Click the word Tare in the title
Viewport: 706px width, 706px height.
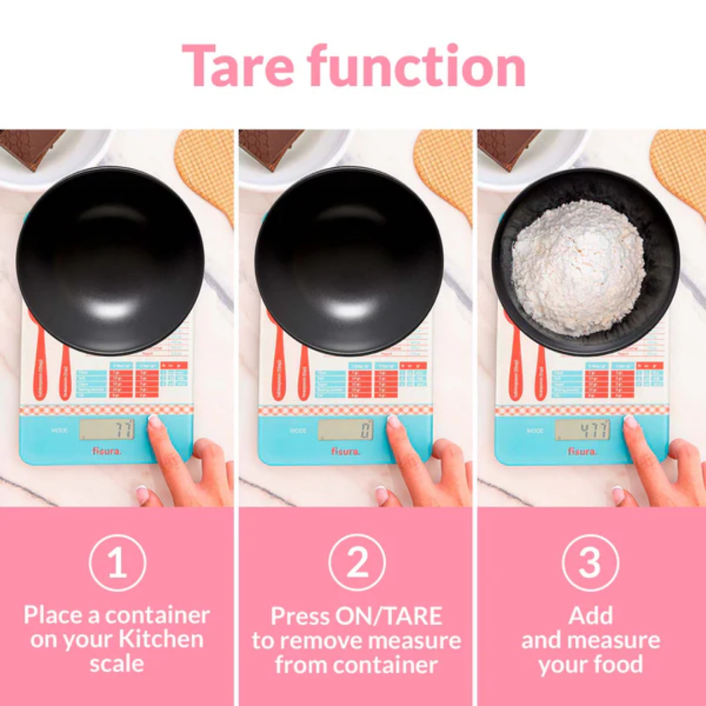coord(237,67)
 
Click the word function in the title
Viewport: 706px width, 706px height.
coord(416,67)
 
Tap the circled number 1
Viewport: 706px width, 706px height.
coord(118,562)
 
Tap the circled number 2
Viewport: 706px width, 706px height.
coord(357,562)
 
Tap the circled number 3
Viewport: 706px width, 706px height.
coord(590,562)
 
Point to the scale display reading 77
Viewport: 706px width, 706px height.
coord(107,429)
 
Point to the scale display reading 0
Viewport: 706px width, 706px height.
coord(346,429)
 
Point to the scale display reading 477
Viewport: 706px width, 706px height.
coord(582,429)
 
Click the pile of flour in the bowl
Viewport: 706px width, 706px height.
coord(578,268)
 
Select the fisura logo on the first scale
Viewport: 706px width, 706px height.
coord(106,451)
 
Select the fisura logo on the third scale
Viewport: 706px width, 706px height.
coord(582,451)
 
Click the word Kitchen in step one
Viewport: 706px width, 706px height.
coord(161,640)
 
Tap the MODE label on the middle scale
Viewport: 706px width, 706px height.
coord(298,431)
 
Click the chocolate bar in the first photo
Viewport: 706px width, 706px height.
coord(29,145)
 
